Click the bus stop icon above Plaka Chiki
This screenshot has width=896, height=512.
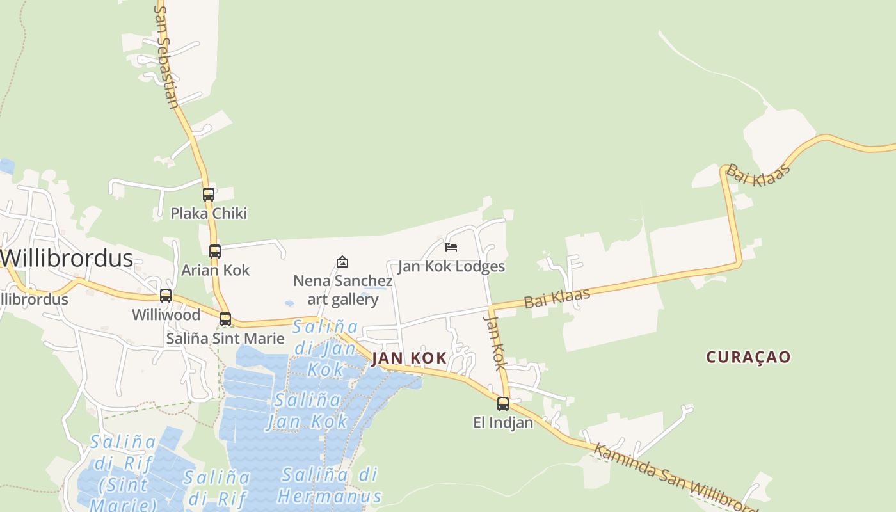209,195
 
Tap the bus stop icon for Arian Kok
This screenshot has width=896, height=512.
215,252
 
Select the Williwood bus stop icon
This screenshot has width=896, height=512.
166,296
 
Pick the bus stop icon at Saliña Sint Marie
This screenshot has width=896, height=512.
225,319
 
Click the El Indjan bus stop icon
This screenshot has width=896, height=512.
503,404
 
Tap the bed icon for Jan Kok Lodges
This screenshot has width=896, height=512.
451,247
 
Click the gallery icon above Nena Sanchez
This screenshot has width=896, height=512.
342,262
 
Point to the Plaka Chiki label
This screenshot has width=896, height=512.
209,213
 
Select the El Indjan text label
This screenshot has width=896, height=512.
503,422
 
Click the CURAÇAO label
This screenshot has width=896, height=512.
749,357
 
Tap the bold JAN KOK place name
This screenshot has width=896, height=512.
410,358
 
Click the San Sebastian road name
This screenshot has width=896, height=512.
166,58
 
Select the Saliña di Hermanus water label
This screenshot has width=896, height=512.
330,485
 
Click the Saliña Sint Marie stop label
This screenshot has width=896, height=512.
225,339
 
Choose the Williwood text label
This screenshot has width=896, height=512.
166,315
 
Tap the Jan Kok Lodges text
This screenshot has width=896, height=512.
451,266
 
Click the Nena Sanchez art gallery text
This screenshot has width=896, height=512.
343,290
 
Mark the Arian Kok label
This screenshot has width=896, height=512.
216,270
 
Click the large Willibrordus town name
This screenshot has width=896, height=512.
67,259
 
